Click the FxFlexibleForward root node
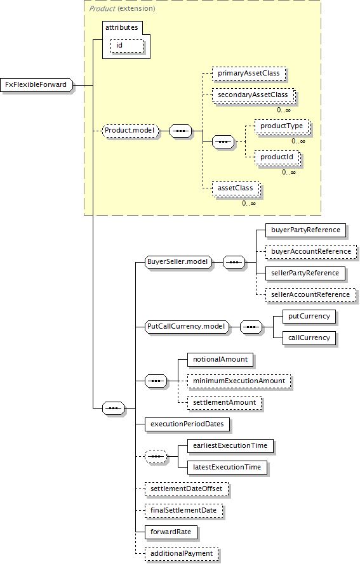(37, 85)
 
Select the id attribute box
(127, 46)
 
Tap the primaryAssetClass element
(249, 74)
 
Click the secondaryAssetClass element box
(253, 95)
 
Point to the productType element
(282, 126)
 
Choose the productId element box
(277, 157)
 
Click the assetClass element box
(236, 188)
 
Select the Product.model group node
(130, 131)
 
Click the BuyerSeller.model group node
(178, 262)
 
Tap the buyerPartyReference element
(305, 230)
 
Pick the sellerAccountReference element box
(310, 295)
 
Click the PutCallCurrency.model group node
(187, 327)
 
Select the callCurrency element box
(309, 338)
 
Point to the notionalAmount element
(220, 360)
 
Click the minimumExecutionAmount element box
(239, 381)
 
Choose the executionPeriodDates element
(187, 424)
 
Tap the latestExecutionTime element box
(227, 468)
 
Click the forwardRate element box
(171, 532)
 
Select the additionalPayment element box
(182, 554)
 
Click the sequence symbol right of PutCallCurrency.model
(251, 327)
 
